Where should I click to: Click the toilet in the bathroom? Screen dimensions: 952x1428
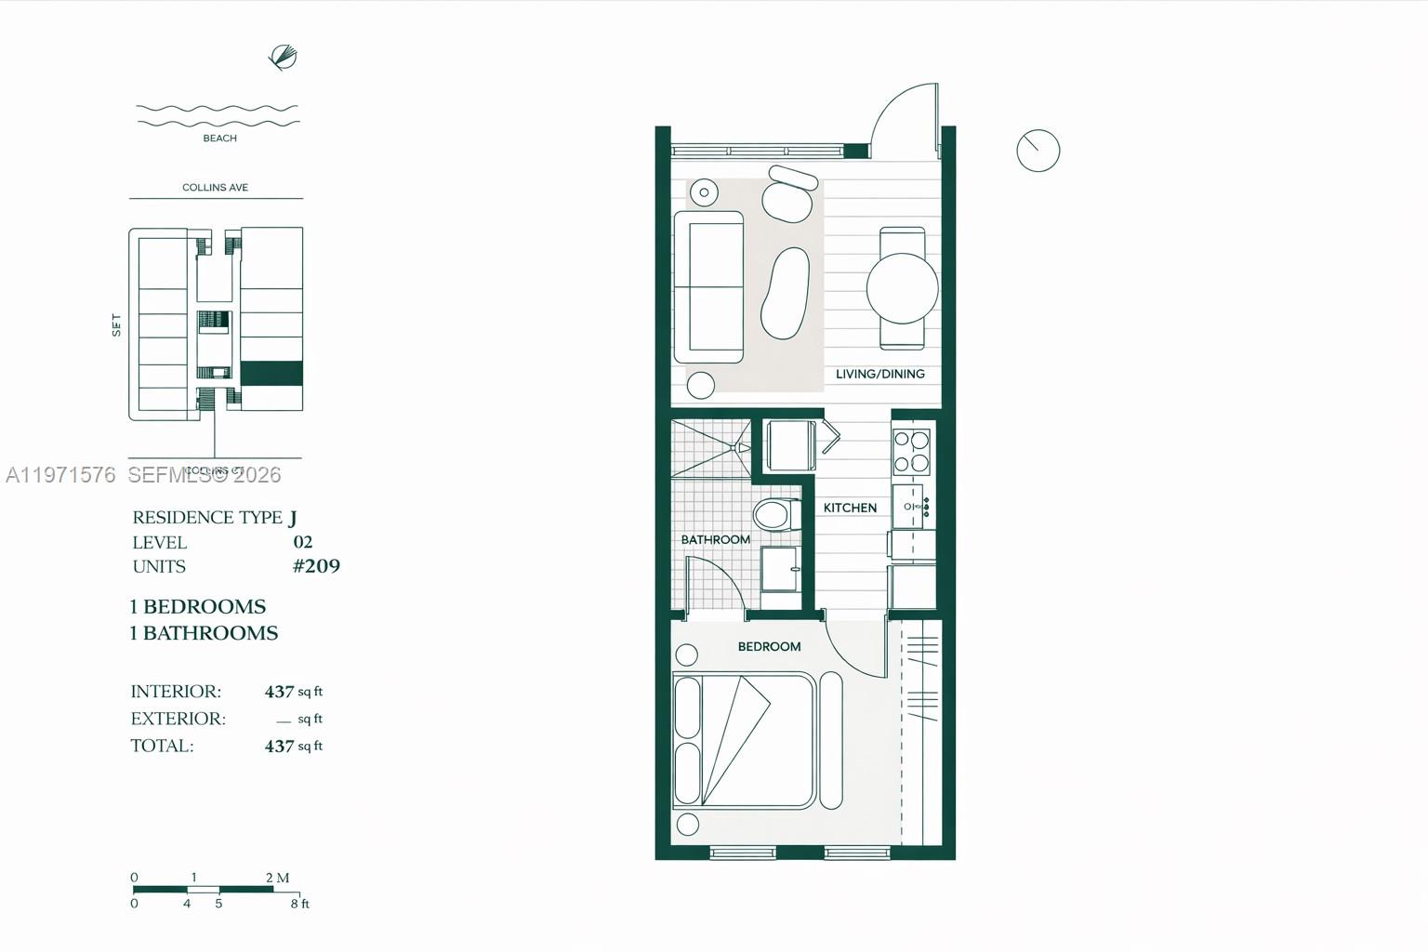[x=776, y=514]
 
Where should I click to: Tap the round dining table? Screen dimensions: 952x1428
[x=902, y=287]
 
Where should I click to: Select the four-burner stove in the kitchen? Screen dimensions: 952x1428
[x=911, y=452]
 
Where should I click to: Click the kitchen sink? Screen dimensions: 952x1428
[x=909, y=507]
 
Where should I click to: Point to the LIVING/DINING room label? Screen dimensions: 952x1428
[x=879, y=374]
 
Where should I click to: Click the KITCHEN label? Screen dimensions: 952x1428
[x=850, y=508]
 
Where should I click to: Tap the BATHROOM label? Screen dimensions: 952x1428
[x=715, y=539]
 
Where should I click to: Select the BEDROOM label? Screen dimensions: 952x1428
[x=769, y=646]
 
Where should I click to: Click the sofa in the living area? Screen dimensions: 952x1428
[x=708, y=286]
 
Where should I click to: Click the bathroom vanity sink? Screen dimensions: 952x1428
[x=780, y=569]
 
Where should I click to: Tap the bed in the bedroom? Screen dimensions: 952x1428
[x=744, y=741]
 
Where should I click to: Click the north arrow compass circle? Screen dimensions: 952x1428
[x=1038, y=151]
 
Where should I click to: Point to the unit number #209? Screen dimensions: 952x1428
[x=316, y=566]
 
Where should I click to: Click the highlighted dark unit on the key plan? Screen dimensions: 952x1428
[x=271, y=373]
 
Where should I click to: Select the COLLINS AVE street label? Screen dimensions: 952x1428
[x=215, y=188]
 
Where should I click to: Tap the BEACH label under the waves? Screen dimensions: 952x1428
[x=219, y=139]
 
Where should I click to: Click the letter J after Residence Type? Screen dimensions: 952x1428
[x=293, y=518]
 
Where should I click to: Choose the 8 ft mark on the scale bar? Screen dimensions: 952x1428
[x=299, y=904]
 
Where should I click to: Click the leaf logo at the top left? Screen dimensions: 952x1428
[x=283, y=58]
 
